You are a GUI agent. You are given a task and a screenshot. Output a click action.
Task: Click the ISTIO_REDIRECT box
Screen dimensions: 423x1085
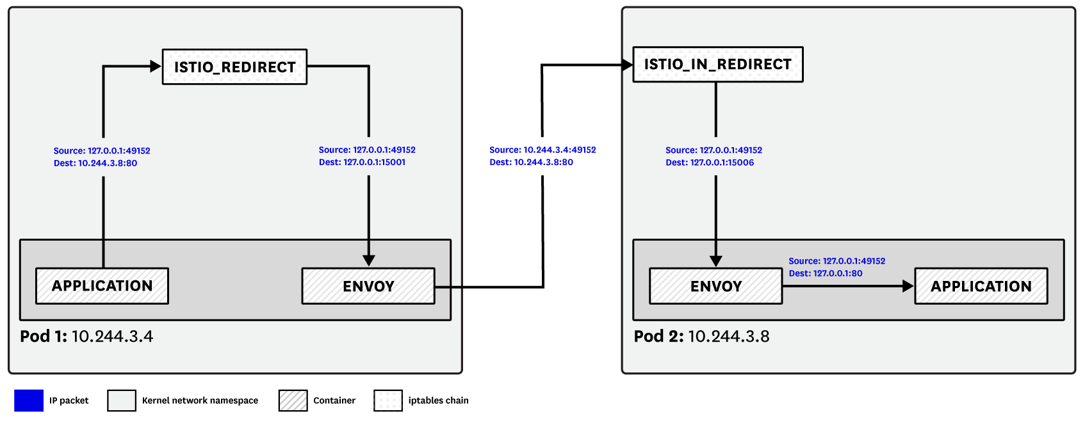(234, 67)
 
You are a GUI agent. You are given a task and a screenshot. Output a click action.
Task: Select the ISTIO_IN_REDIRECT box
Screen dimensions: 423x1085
(717, 65)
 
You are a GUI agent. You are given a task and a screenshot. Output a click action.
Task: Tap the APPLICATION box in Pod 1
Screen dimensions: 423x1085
(102, 286)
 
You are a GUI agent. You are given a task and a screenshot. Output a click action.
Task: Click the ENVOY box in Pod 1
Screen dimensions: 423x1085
(368, 286)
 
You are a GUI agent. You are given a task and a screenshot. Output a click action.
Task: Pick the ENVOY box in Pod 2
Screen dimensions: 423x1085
(715, 286)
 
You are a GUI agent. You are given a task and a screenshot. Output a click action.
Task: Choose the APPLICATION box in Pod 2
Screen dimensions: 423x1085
(981, 286)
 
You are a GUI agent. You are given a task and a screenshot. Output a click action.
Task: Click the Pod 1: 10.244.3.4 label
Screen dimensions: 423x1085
(86, 337)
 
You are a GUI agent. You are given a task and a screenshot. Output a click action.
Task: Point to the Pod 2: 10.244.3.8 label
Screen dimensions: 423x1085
(701, 337)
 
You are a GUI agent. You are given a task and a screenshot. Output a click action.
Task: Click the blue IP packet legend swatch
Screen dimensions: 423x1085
(29, 401)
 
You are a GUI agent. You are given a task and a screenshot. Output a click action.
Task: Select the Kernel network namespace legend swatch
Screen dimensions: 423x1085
(122, 401)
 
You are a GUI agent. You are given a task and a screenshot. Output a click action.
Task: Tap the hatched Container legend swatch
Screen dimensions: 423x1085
(293, 401)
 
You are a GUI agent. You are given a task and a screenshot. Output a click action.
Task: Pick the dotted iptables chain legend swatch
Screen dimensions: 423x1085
(388, 401)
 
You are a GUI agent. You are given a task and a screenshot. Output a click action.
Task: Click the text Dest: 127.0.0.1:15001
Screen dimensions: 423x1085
(362, 163)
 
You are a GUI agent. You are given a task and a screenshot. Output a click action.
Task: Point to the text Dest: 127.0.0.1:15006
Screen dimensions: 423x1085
(709, 163)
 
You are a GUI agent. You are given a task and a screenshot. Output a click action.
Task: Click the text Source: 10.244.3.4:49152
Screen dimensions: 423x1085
(542, 150)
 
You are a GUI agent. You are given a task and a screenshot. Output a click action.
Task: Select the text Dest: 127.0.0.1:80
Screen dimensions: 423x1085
(825, 273)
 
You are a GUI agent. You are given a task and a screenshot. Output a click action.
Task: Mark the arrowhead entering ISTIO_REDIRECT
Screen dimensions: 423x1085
(155, 66)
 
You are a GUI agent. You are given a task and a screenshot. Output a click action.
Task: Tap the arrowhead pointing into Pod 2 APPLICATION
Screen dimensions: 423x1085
(908, 286)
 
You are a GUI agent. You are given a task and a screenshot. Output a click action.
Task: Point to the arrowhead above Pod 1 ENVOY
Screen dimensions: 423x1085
(368, 260)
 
